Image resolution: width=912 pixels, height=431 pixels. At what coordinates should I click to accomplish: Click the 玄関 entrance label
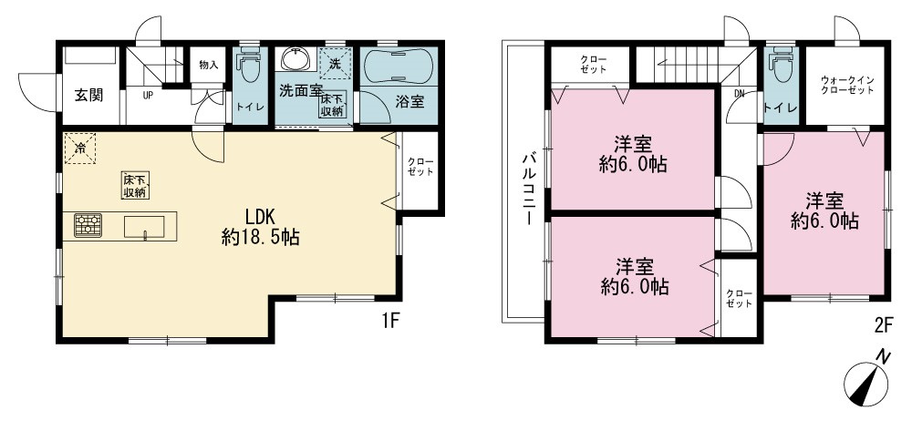point(88,96)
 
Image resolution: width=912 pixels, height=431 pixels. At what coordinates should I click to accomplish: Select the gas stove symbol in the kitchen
point(88,225)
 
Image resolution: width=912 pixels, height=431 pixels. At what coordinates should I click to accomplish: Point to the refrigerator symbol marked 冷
point(79,149)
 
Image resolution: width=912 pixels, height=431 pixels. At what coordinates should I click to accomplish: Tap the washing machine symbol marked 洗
point(336,63)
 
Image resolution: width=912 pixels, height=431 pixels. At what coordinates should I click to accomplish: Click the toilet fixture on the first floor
point(250,65)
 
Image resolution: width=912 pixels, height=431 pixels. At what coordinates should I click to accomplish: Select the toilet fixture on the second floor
point(782,67)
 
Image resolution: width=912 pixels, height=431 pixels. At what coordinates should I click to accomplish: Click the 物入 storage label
point(208,65)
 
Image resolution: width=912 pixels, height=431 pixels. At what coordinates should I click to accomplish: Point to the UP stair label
point(148,96)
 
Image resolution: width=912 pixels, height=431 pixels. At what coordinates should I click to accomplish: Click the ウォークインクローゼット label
point(847,86)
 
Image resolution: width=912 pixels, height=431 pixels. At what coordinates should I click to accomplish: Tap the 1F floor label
point(389,320)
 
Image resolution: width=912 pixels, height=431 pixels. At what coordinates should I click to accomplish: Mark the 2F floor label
point(883,326)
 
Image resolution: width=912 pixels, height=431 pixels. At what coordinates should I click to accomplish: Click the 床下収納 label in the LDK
point(134,186)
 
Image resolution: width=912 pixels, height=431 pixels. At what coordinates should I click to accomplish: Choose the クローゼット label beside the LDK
point(419,167)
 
